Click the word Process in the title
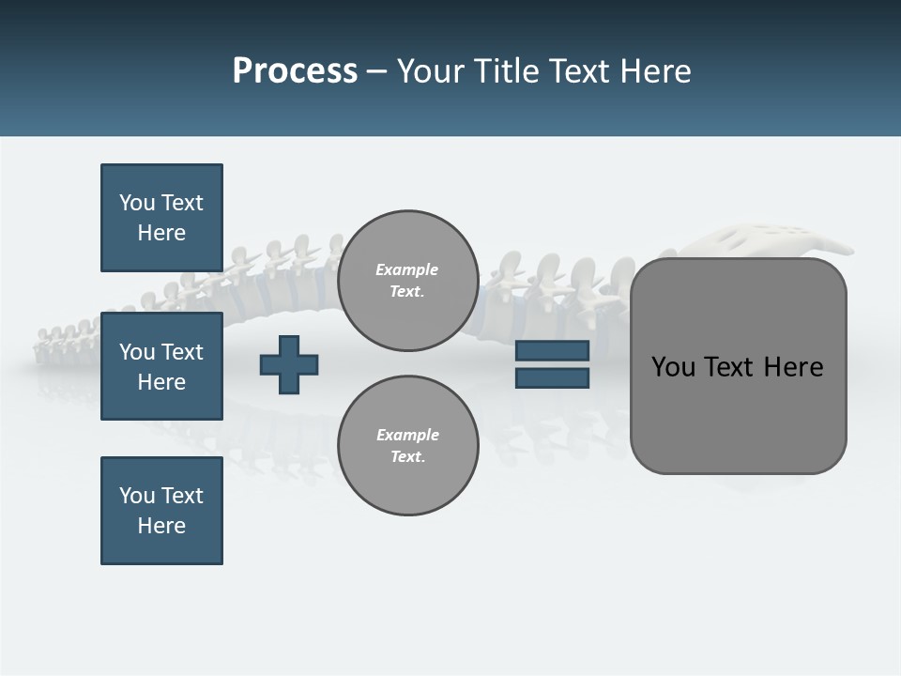click(295, 71)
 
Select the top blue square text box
click(161, 218)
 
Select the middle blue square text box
click(161, 366)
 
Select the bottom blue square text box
click(161, 511)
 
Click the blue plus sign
click(289, 364)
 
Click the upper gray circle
click(407, 280)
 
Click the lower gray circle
click(407, 445)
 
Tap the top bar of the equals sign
click(552, 350)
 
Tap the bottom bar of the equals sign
click(552, 377)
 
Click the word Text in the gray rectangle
click(732, 366)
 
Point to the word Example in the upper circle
click(406, 269)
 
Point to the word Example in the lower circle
click(407, 435)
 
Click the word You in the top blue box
click(136, 203)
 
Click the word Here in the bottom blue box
click(161, 526)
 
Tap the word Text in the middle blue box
click(181, 352)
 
